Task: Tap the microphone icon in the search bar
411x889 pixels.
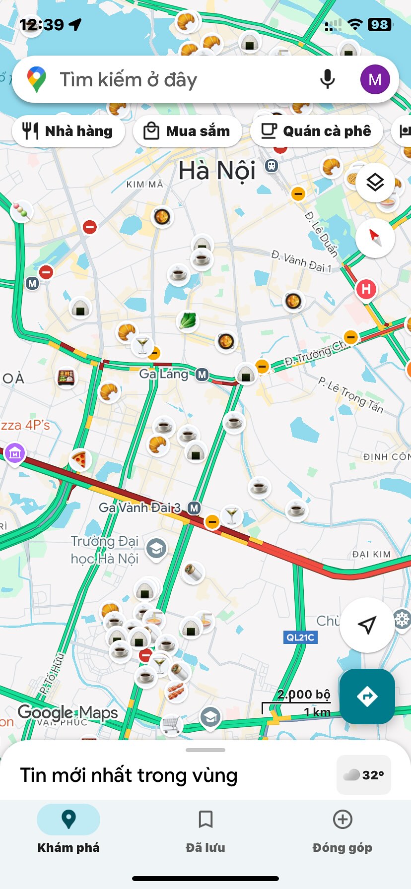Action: [x=327, y=79]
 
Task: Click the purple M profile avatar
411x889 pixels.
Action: [x=375, y=79]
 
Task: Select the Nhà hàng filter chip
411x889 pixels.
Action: [x=68, y=131]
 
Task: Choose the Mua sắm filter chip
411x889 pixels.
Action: [x=188, y=131]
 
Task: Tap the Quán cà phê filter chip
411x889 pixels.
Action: [x=317, y=131]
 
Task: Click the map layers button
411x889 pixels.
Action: [x=375, y=182]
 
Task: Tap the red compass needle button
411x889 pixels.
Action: [x=375, y=238]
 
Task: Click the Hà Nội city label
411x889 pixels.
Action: [x=217, y=171]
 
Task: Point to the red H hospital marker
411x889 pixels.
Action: [x=366, y=289]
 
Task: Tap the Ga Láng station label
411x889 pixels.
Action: [x=164, y=374]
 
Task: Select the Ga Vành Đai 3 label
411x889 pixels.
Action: [x=139, y=508]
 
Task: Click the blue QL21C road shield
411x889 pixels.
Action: [x=300, y=637]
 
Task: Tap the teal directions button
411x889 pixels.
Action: [x=367, y=696]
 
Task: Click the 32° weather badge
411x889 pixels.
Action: [x=364, y=775]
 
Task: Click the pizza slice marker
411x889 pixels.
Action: [x=79, y=460]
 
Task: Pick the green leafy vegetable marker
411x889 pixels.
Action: [x=188, y=320]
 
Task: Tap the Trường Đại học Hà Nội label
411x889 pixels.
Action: [x=105, y=550]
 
